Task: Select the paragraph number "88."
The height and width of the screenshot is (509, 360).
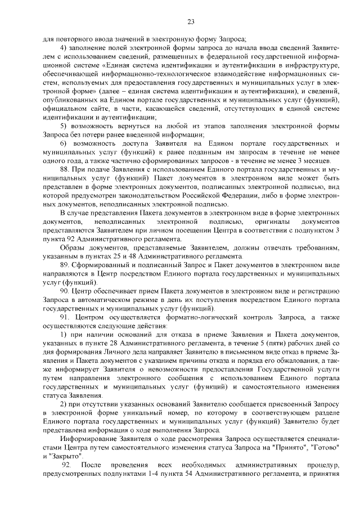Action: pyautogui.click(x=65, y=169)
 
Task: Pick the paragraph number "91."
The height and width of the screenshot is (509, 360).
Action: pyautogui.click(x=65, y=317)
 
